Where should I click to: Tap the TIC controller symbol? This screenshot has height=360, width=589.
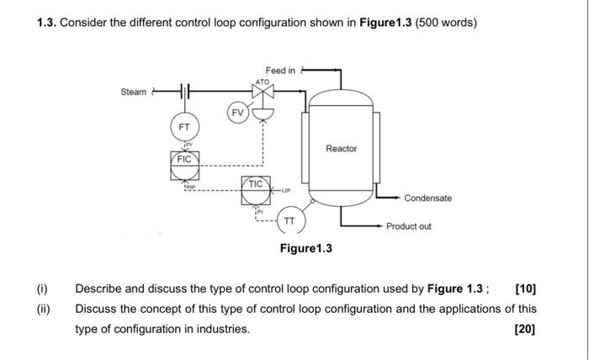pos(257,188)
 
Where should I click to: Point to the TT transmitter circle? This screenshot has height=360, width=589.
pos(289,220)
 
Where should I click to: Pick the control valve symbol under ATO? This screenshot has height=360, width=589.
pos(263,93)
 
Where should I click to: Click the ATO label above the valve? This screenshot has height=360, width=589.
pos(263,81)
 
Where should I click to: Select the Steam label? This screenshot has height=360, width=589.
pos(133,92)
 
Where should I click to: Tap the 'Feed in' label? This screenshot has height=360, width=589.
pos(280,70)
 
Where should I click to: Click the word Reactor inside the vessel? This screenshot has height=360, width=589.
pos(341,149)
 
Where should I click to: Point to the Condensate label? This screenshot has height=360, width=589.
pos(427,199)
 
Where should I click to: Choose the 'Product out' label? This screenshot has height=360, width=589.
pos(409,226)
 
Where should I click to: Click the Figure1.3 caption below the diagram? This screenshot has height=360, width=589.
pos(306,248)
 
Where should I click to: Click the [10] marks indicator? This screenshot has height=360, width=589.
pos(524,289)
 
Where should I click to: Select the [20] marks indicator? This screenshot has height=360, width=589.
pos(524,328)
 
